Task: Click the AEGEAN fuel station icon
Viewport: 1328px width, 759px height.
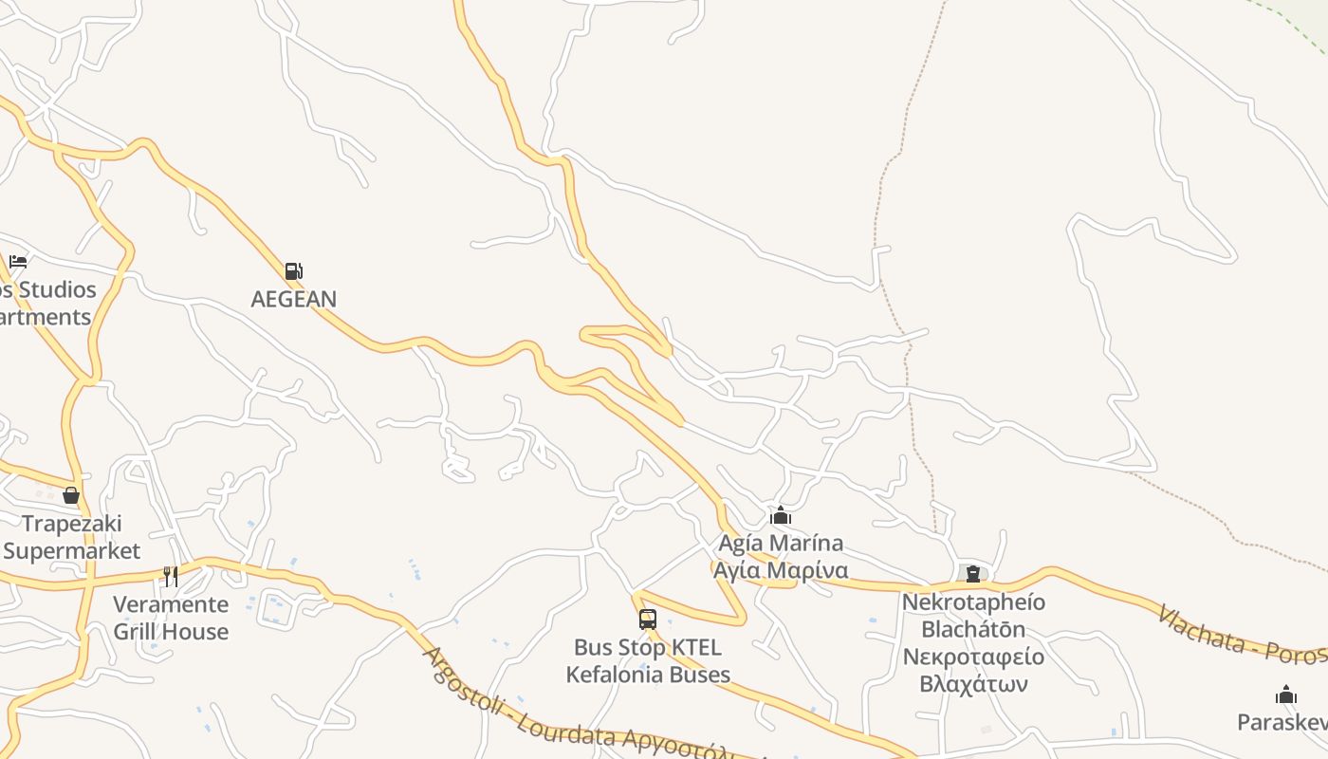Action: [293, 271]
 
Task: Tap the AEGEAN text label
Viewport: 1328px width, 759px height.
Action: [293, 299]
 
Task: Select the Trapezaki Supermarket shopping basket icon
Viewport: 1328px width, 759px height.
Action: [71, 495]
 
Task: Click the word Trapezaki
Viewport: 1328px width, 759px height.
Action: [72, 524]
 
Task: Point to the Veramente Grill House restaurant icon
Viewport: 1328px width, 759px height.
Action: [171, 576]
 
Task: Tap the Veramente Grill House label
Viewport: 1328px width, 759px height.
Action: [171, 618]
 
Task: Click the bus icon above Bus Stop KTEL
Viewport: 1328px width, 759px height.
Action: [648, 620]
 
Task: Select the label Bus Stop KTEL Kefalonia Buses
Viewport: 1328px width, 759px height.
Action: [648, 661]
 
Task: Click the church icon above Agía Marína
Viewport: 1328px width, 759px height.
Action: [781, 516]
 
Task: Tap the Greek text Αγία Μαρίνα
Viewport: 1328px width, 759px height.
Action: [781, 571]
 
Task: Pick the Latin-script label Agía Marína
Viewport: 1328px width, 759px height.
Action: [781, 544]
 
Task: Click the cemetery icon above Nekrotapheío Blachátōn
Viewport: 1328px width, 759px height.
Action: [973, 573]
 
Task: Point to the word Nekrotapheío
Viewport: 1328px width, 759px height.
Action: [973, 602]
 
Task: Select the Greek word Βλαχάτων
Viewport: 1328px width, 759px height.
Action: [973, 684]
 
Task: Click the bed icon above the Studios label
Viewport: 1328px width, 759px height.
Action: [18, 262]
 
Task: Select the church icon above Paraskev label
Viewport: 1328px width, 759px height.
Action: [1286, 694]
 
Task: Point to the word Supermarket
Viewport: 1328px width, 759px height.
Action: [72, 551]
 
